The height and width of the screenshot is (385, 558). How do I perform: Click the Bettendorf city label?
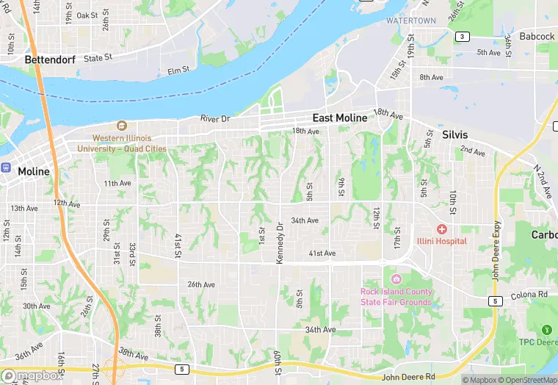(50, 59)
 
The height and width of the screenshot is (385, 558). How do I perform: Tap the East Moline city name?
(341, 118)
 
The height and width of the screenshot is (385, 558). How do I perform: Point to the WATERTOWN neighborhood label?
(411, 21)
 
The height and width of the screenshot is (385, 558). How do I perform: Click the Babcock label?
(537, 36)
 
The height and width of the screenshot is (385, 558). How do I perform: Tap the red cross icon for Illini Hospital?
(442, 229)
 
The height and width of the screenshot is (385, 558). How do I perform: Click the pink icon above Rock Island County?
(396, 279)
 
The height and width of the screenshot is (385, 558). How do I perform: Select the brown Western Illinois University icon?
(122, 126)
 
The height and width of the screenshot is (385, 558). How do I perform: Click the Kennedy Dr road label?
(280, 245)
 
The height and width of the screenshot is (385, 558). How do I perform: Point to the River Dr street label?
(215, 118)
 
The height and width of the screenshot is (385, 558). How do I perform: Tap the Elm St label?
(178, 71)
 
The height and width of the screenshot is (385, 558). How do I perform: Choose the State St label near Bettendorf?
(98, 57)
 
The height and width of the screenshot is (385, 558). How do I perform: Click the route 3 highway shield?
(463, 36)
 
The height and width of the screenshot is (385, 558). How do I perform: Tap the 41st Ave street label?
(322, 253)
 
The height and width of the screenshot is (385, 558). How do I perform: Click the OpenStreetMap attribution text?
(524, 380)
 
